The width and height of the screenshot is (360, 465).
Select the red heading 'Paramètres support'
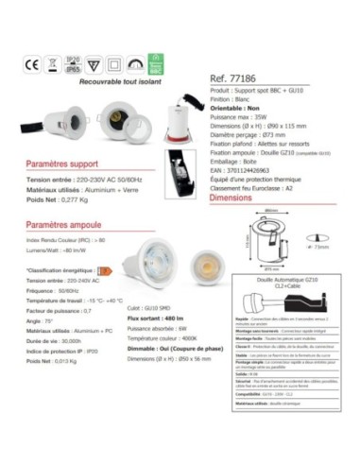(x=63, y=163)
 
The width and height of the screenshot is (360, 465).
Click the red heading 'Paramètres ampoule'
(x=64, y=227)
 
